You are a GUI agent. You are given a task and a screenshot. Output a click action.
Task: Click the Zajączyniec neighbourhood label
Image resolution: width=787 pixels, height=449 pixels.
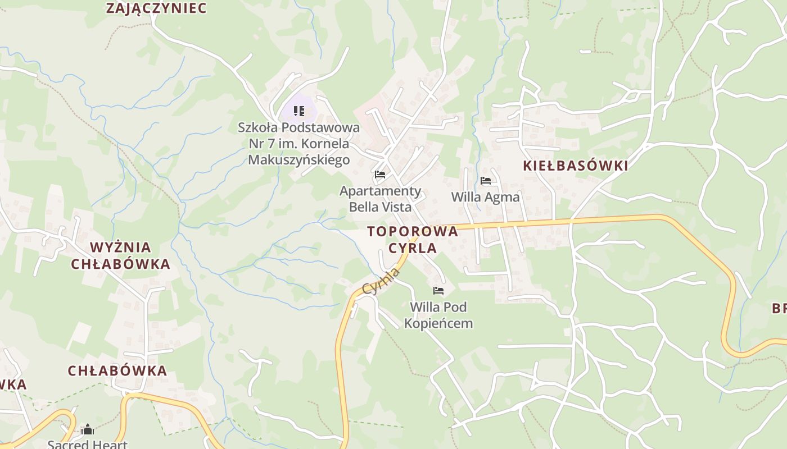pos(156,8)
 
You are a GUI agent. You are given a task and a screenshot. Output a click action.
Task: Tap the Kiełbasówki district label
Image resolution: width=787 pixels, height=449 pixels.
pos(575,166)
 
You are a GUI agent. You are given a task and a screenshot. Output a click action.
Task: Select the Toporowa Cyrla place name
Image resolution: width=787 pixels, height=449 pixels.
pos(413,240)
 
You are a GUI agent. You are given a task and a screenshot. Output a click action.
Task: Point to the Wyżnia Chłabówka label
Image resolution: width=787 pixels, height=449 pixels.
pos(120,255)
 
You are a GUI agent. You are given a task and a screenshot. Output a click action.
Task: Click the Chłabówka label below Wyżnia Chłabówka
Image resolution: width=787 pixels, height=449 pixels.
pos(117,371)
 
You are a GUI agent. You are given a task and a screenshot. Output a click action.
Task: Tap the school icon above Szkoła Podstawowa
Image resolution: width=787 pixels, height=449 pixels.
pos(299,111)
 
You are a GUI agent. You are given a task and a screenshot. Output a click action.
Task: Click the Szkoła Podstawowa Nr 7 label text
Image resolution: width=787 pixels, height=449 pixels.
pos(298,144)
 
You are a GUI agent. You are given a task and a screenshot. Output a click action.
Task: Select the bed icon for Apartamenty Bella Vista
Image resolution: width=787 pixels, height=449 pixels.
pos(380,175)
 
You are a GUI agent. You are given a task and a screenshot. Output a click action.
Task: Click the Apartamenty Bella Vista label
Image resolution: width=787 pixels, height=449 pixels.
pos(380,199)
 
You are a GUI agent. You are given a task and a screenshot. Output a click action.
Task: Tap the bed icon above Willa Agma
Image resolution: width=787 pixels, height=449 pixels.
pos(486,181)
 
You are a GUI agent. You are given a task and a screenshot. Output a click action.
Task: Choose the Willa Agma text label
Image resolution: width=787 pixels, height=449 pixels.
pos(486,197)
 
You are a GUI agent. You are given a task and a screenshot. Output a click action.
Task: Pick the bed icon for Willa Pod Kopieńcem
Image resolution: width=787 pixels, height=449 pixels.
pos(438,291)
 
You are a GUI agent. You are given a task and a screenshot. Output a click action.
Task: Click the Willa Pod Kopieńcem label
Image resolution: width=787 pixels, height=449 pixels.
pos(438,315)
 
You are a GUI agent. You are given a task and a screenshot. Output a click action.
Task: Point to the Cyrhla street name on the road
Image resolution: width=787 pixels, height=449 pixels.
pos(382,281)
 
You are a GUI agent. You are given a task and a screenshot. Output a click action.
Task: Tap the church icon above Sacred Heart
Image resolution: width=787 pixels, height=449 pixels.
pos(87,430)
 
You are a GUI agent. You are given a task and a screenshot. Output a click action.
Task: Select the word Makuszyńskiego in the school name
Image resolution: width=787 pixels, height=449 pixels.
pos(298,160)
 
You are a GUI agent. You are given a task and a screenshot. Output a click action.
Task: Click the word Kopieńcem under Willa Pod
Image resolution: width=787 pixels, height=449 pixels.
pos(438,323)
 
